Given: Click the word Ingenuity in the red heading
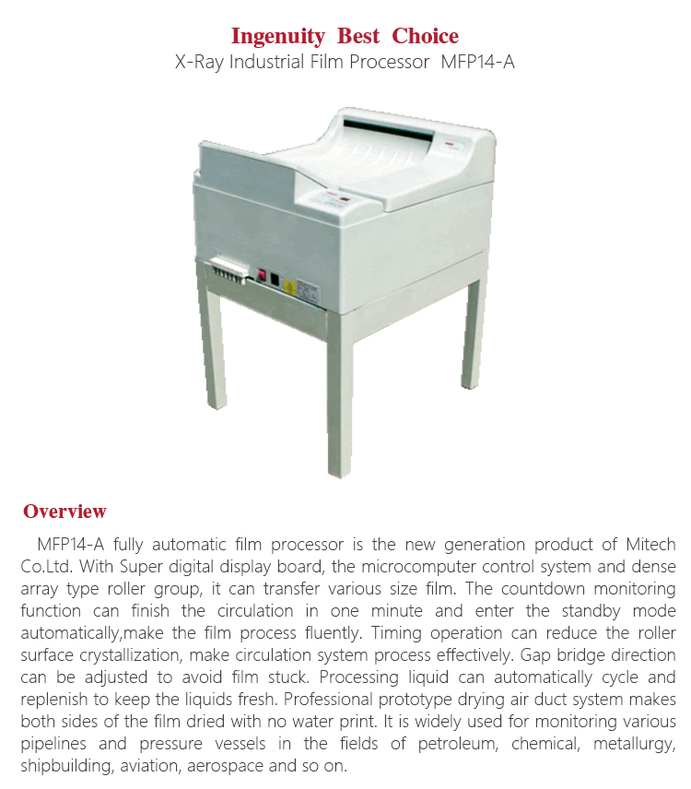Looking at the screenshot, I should click(x=277, y=37).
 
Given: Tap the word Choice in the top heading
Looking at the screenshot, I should click(x=425, y=37).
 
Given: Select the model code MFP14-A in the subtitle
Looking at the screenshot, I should click(x=479, y=63).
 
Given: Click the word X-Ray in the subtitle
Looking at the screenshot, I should click(x=199, y=63).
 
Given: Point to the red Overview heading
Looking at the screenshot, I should click(x=64, y=512).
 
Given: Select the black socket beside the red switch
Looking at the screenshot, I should click(x=275, y=278).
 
